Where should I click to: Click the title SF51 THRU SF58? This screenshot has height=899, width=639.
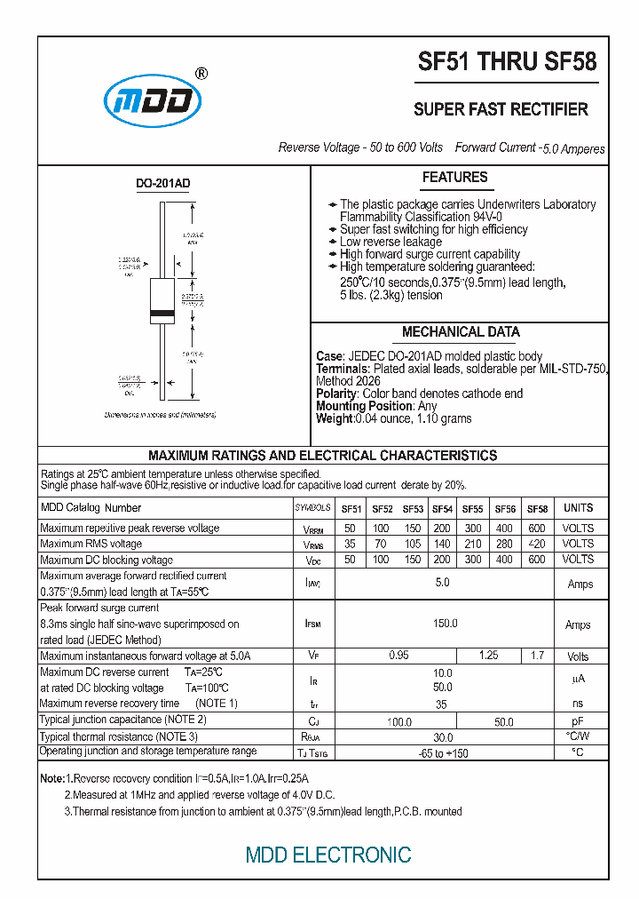click(508, 62)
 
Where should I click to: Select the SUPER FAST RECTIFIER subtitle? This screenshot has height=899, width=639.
click(501, 109)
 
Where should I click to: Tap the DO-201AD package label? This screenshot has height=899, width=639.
click(162, 184)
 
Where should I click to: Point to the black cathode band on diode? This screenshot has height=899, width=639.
click(162, 314)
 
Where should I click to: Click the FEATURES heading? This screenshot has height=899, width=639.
click(454, 178)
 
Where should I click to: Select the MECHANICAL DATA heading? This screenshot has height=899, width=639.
click(461, 332)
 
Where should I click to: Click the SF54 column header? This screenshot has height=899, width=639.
click(442, 509)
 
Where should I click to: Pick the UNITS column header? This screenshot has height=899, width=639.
click(578, 508)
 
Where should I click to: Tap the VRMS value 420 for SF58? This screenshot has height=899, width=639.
click(537, 544)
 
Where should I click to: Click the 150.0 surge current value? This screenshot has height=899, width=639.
click(445, 624)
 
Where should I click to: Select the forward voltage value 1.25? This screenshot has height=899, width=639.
click(488, 656)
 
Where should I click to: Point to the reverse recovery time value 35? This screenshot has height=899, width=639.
click(442, 704)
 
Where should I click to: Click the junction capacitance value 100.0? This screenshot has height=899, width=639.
click(400, 721)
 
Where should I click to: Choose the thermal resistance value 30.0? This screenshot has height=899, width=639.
click(442, 737)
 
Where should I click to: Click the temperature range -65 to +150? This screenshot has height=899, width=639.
click(443, 753)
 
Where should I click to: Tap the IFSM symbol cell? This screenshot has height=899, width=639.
click(312, 625)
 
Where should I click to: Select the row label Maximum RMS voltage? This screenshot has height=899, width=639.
click(91, 544)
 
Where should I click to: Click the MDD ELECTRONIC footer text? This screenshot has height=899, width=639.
click(328, 855)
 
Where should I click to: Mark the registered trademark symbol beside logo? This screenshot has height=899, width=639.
click(201, 75)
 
